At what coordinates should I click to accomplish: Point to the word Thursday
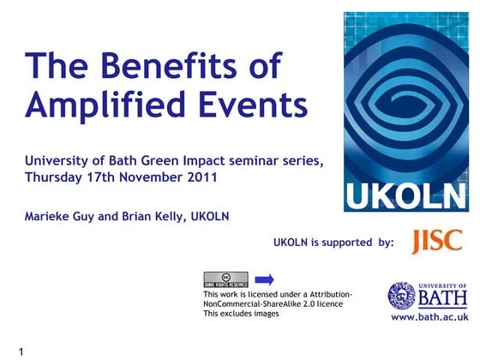[x=57, y=178]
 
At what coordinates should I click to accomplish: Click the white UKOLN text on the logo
[x=406, y=195]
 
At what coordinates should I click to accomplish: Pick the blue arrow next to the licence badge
[x=265, y=279]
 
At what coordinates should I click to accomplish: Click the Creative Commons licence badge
[x=225, y=279]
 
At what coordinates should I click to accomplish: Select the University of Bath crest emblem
[x=401, y=296]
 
